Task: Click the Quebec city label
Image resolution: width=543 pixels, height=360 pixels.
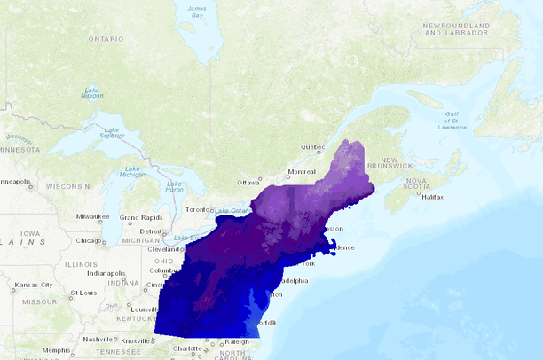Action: tap(313, 146)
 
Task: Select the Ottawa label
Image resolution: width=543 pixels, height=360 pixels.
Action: tap(248, 183)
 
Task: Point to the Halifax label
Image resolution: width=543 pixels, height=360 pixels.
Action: tap(432, 197)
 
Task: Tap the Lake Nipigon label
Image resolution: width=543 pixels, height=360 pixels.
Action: tap(92, 92)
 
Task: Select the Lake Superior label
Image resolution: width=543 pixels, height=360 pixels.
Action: tap(112, 132)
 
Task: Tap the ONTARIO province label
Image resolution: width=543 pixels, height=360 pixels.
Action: tap(106, 39)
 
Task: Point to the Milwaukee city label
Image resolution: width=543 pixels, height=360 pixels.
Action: tap(91, 215)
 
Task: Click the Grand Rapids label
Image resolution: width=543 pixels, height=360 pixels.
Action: tap(141, 216)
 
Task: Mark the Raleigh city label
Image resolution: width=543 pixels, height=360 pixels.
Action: tap(237, 340)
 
